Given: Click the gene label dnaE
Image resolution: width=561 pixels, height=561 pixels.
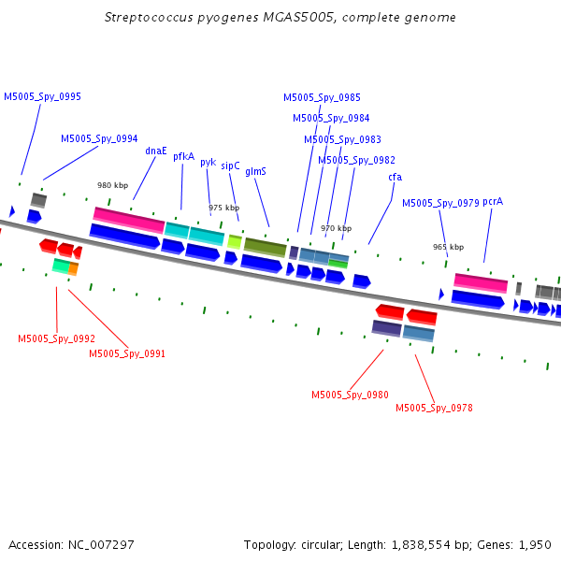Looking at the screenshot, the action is click(156, 151).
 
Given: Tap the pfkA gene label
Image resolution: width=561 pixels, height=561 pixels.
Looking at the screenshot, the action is click(183, 157).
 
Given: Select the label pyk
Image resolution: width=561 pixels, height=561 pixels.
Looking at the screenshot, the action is click(209, 163).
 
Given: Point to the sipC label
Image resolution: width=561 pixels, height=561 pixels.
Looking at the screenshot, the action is click(230, 166).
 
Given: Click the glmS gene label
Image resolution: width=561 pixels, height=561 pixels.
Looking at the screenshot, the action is click(255, 172).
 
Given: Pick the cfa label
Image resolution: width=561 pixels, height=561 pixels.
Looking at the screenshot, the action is click(395, 177).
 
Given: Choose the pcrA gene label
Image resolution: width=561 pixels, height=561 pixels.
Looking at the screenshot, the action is click(493, 202).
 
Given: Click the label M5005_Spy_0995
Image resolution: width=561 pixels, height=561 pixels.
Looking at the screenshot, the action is click(42, 96).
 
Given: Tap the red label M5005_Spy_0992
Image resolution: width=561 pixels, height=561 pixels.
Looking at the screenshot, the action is click(56, 338).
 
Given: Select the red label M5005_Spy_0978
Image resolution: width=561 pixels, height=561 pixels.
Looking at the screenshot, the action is click(434, 408).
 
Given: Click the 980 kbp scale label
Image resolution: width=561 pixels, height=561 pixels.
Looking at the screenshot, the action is click(113, 185).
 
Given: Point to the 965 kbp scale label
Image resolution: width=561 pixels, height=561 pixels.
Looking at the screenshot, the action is click(448, 247).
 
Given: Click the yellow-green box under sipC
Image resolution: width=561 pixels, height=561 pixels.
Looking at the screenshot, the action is click(235, 242).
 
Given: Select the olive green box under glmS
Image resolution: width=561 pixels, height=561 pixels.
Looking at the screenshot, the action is click(266, 248).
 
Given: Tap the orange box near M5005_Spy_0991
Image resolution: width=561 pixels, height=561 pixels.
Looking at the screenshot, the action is click(73, 268).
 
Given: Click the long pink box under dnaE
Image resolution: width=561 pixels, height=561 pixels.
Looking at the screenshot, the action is click(129, 220).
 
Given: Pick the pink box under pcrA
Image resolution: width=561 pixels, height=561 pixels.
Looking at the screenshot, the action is click(481, 283).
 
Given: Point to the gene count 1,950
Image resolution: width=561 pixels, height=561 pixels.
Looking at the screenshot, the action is click(535, 545).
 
